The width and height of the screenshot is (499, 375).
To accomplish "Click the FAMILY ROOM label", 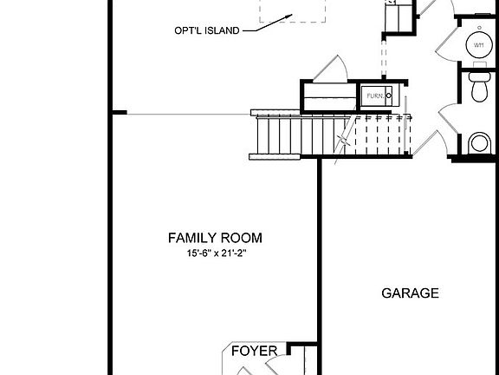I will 215,238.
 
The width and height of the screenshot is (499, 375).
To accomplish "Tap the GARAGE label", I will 410,293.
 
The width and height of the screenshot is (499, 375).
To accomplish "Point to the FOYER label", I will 254,351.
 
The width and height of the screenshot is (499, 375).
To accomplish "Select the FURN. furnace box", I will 378,95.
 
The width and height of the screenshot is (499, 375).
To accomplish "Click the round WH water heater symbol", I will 478,45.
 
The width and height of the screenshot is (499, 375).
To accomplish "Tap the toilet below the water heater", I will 478,85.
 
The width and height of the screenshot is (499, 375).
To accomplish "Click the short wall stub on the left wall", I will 119,113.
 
